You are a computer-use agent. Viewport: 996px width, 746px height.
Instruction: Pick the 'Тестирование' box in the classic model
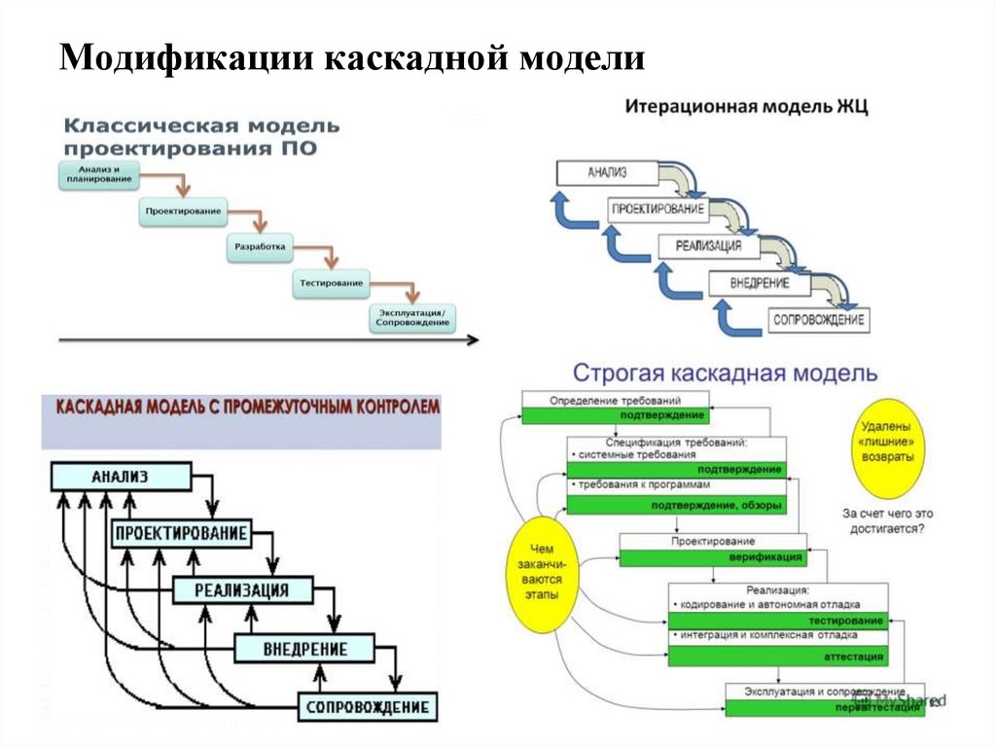coord(331,283)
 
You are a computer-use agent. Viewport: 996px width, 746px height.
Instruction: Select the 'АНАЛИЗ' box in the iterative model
coord(606,174)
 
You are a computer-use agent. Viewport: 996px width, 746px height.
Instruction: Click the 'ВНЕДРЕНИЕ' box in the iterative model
coord(760,283)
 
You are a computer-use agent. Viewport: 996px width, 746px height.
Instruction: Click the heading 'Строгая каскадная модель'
coord(725,373)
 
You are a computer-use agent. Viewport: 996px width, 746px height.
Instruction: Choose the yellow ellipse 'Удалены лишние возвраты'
coord(886,444)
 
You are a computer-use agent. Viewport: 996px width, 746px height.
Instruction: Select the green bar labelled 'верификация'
coord(712,557)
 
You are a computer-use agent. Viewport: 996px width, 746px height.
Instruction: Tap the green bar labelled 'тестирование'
coord(777,620)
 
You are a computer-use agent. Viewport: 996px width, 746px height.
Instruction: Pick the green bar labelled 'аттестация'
coord(777,657)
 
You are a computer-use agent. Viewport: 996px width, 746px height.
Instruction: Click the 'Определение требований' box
coord(615,400)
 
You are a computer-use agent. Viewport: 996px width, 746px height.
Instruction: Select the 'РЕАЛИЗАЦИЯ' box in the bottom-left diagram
coord(244,589)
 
